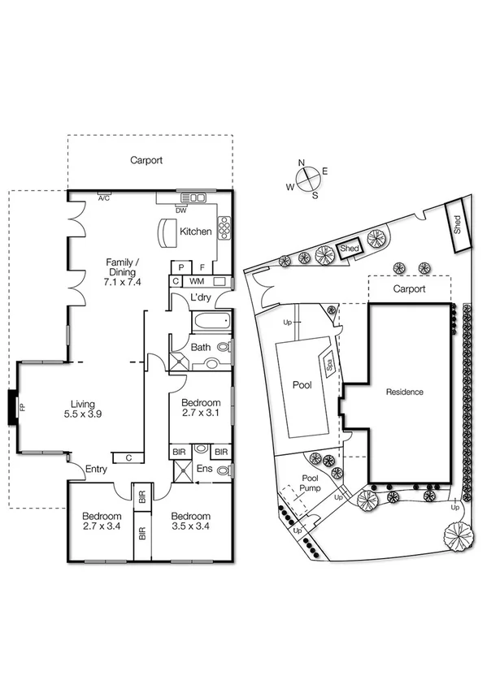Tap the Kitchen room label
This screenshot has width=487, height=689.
click(x=195, y=232)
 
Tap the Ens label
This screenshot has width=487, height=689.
click(x=205, y=469)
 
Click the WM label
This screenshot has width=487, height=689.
click(x=197, y=281)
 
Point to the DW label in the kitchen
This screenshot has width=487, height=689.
click(x=180, y=210)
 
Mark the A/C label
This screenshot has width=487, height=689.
click(x=104, y=197)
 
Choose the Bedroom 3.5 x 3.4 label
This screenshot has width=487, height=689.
click(x=190, y=522)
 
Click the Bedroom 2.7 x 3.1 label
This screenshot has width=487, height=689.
click(x=200, y=408)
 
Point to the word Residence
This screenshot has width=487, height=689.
click(x=404, y=392)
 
